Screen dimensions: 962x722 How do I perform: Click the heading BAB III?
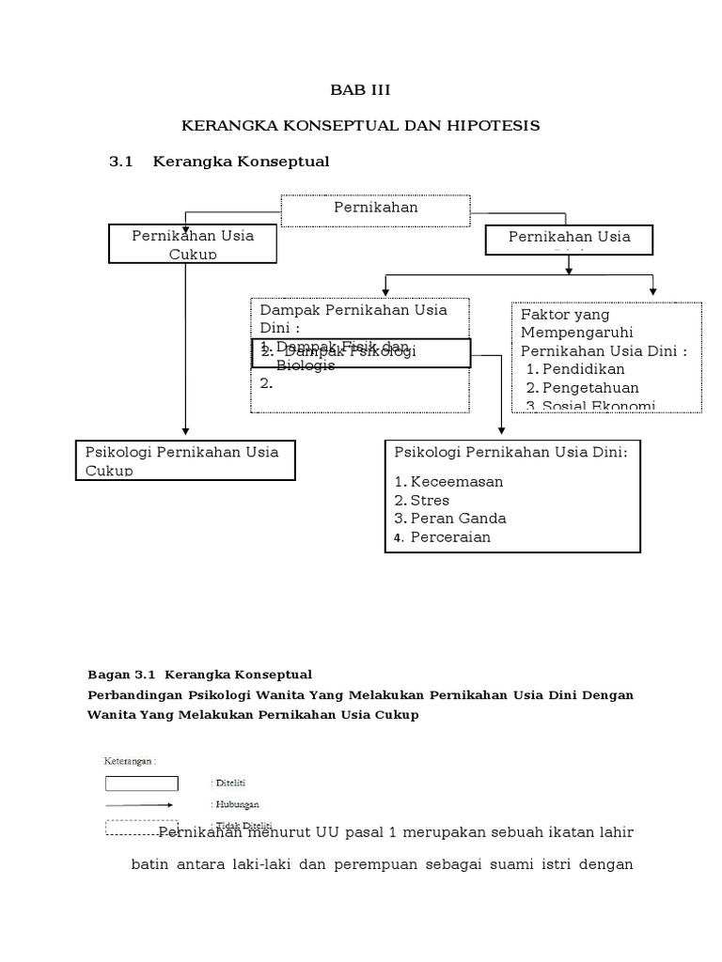tap(359, 90)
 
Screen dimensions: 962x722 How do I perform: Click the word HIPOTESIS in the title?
tap(497, 125)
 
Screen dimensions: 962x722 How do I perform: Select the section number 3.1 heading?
tap(123, 162)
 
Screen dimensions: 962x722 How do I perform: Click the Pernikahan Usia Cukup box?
tap(193, 243)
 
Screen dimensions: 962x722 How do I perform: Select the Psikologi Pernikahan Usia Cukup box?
tap(185, 460)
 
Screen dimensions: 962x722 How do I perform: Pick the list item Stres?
tap(431, 500)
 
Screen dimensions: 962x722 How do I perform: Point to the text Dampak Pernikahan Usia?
tap(353, 310)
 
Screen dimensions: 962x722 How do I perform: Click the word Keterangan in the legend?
tap(129, 762)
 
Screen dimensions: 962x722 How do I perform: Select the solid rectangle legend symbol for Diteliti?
tap(141, 783)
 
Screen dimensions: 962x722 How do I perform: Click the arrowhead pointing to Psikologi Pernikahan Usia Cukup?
tap(186, 432)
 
